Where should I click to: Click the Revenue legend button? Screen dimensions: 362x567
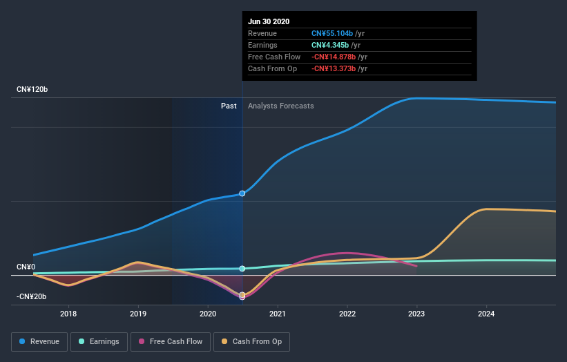(40, 341)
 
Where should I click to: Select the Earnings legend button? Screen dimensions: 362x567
(98, 341)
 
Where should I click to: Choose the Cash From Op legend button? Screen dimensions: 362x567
(252, 341)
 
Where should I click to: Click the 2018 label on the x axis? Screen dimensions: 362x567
(68, 314)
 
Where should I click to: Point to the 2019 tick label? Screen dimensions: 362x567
(138, 314)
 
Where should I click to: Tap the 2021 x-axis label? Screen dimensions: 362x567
(278, 314)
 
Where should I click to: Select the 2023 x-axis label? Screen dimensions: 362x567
(416, 314)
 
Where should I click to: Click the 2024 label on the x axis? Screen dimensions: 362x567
(486, 314)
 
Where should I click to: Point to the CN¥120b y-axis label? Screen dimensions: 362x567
(32, 90)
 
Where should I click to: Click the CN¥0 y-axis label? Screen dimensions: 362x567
(26, 267)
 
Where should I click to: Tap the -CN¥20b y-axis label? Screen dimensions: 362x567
(32, 296)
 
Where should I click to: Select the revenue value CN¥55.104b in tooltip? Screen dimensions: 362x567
(333, 33)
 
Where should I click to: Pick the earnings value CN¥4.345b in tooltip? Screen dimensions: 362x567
(330, 45)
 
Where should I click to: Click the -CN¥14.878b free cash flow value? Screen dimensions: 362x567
(334, 57)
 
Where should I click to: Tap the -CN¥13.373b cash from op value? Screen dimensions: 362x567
(334, 68)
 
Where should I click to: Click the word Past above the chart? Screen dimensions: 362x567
(229, 106)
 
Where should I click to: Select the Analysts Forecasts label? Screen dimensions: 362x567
(280, 106)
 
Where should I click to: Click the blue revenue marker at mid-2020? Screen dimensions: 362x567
(242, 193)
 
